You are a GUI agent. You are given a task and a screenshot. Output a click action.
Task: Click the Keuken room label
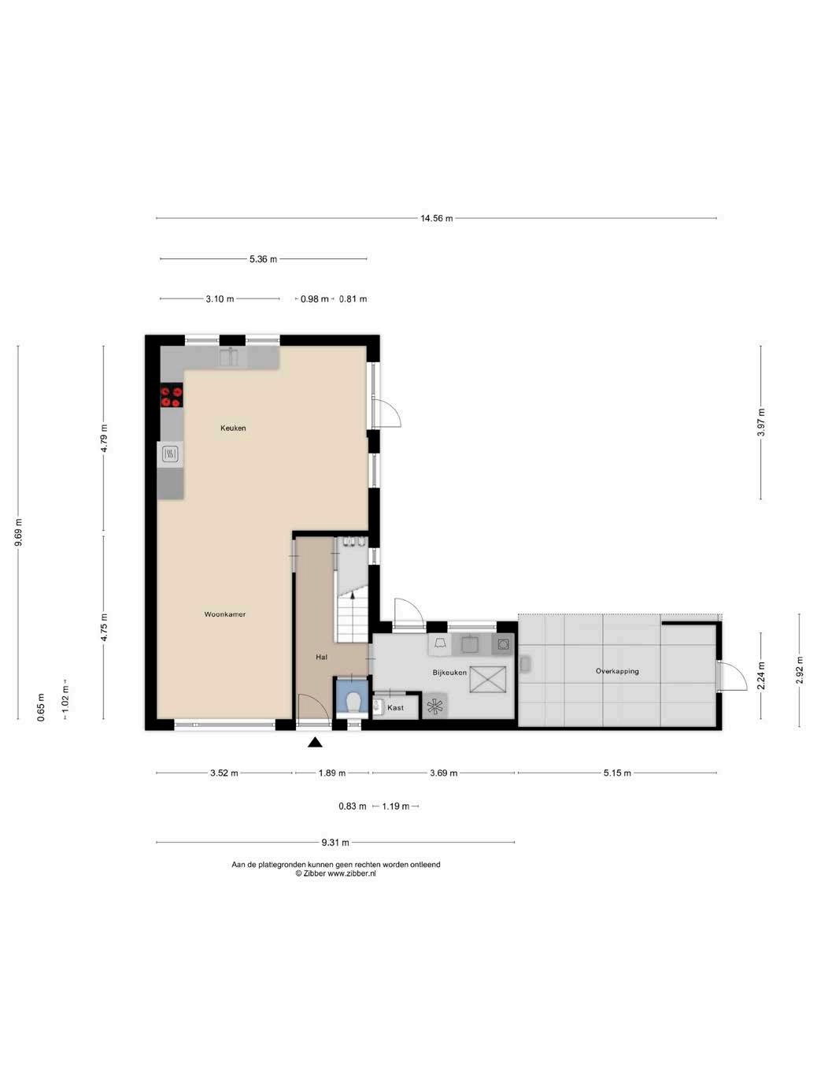(x=233, y=428)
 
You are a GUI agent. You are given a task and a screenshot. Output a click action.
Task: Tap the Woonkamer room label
(x=224, y=614)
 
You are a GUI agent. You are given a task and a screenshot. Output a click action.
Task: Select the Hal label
(x=321, y=657)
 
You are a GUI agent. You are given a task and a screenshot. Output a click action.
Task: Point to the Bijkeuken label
(x=449, y=673)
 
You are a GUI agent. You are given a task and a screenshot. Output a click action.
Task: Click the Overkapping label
(x=617, y=671)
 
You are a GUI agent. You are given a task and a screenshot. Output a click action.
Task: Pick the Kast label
(x=395, y=707)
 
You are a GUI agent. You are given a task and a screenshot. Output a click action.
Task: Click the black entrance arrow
(x=315, y=743)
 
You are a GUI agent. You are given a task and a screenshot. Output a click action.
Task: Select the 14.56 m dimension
(x=437, y=218)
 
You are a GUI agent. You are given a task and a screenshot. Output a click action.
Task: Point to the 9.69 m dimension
(x=18, y=532)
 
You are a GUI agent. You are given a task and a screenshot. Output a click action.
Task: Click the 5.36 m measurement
(x=263, y=259)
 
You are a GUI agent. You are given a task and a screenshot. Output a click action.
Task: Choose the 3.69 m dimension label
(x=443, y=773)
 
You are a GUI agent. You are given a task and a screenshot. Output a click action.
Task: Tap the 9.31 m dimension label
(x=335, y=842)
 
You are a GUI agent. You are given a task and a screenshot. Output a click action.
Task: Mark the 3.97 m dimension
(x=761, y=423)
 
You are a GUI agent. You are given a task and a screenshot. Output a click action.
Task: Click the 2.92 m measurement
(x=799, y=670)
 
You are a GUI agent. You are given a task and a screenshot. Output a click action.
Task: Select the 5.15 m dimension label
(x=617, y=773)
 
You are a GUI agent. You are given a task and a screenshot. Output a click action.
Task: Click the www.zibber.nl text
(x=351, y=873)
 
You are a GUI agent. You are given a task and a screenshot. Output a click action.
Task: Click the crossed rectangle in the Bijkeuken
(x=488, y=679)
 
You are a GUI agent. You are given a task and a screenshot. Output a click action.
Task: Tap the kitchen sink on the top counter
(x=229, y=358)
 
